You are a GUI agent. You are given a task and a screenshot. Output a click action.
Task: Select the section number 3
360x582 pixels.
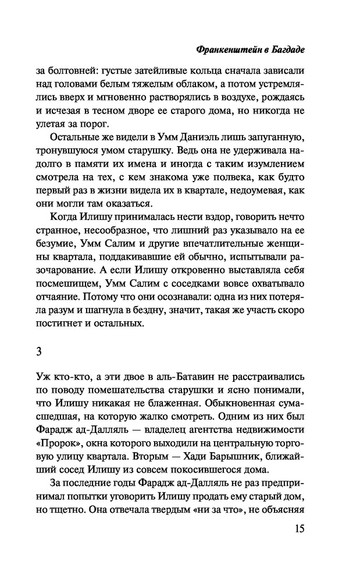pos(58,350)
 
